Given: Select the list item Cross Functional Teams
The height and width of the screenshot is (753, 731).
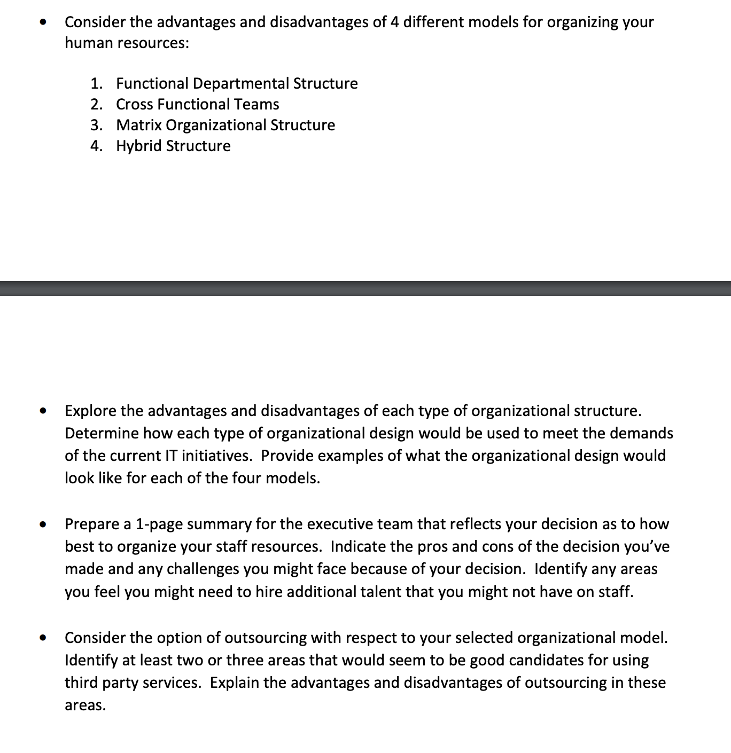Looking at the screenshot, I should coord(197,104).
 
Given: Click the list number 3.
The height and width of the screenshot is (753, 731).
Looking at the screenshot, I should coord(96,125).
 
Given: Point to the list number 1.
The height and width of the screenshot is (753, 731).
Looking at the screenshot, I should coord(96,83).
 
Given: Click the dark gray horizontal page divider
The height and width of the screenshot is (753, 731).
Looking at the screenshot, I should coord(365,288).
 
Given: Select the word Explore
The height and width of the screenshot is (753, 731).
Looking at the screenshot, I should coord(90,411).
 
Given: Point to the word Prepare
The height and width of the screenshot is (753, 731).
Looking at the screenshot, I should coord(92,524).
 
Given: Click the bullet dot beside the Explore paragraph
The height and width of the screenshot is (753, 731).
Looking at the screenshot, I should coord(43,411).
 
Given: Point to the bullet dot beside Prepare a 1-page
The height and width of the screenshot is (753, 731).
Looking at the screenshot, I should coord(43,524).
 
